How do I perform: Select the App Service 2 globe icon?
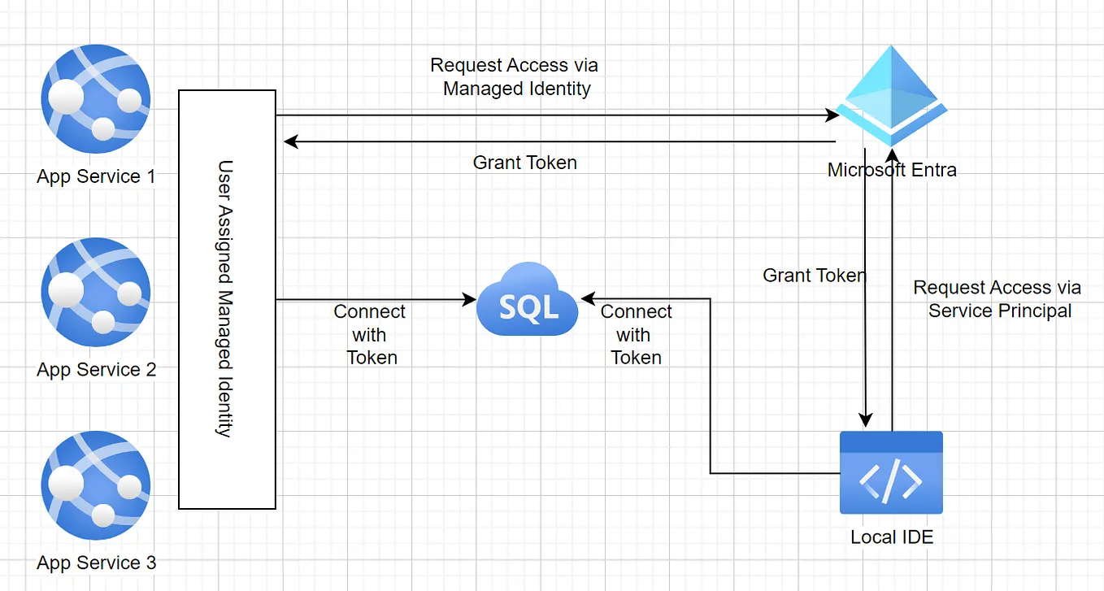[96, 293]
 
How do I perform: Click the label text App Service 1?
[96, 176]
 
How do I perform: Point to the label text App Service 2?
[96, 370]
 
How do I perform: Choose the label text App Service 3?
[96, 563]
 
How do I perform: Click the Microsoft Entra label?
[892, 170]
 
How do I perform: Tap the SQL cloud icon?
[528, 300]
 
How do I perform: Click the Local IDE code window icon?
[891, 472]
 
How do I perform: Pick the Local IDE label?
[892, 537]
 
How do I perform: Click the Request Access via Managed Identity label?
[515, 77]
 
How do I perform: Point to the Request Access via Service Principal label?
[998, 299]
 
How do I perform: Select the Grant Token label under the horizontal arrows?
[524, 163]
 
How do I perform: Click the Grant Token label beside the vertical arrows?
[814, 276]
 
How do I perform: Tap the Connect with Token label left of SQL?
[371, 334]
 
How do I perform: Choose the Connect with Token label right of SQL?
[636, 334]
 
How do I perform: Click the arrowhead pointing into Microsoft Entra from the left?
[832, 115]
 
